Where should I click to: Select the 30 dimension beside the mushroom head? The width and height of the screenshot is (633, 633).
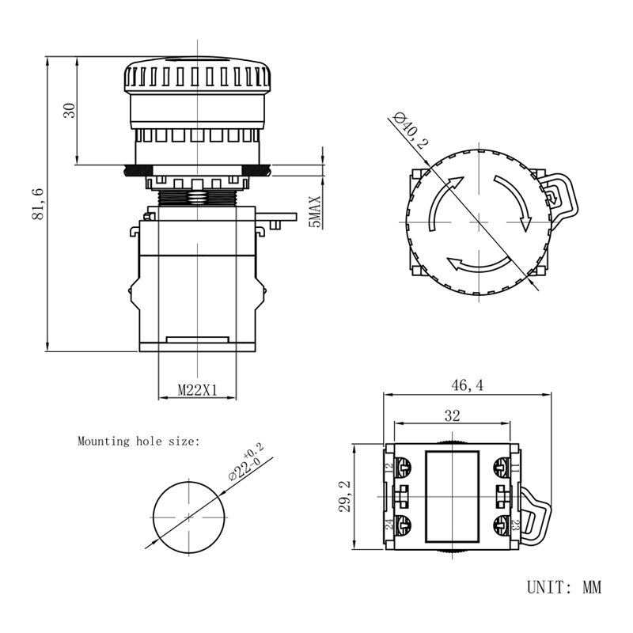click(x=70, y=111)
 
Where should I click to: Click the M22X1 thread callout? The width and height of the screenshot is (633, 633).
click(x=197, y=389)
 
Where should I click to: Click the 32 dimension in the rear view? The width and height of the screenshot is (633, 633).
click(x=453, y=415)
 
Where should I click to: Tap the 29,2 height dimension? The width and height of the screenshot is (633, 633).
click(x=344, y=495)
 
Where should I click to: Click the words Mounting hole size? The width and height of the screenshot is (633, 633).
click(x=139, y=442)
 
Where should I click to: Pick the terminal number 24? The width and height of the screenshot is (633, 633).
click(x=389, y=525)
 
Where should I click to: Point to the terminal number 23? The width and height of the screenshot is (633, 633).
click(x=516, y=525)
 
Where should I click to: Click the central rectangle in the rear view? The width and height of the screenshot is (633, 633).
click(x=453, y=496)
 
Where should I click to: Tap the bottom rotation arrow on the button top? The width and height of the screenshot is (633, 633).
click(x=475, y=264)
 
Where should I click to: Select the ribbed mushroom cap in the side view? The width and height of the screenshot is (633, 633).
click(x=197, y=78)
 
